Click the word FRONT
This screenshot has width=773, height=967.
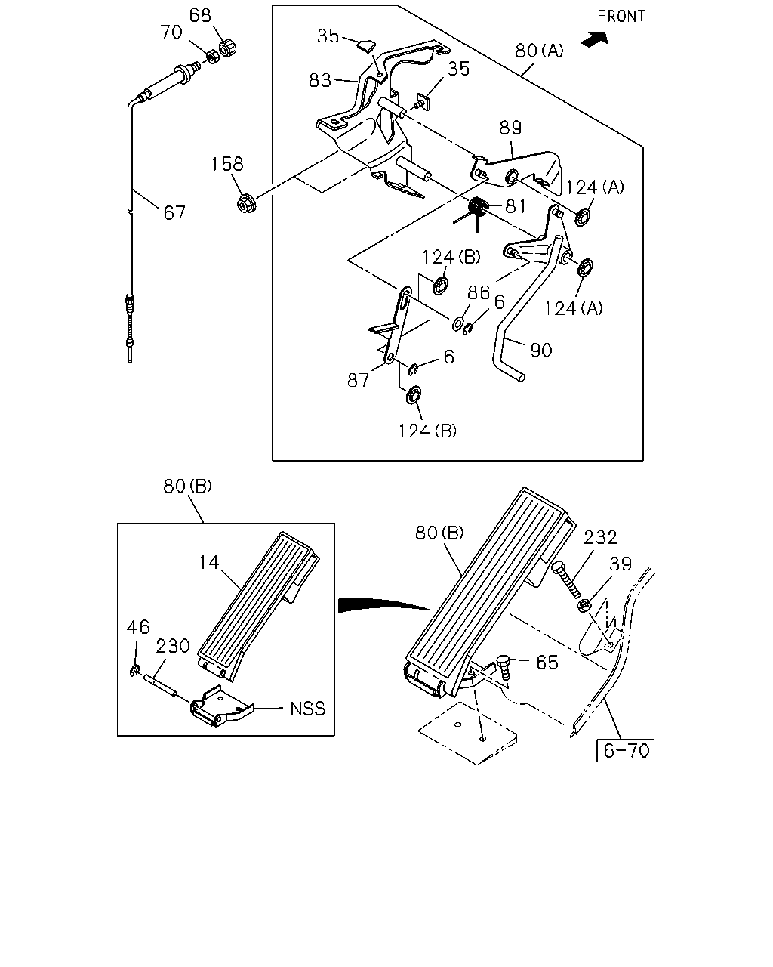(x=621, y=17)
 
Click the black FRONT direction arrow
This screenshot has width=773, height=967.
(x=595, y=39)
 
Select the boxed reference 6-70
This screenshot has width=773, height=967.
(x=625, y=750)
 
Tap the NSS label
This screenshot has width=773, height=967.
(x=308, y=709)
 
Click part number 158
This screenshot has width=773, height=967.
(x=227, y=164)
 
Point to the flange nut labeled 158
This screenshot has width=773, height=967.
(x=246, y=203)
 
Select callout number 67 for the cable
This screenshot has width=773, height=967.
(x=174, y=213)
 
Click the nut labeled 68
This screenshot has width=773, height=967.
(x=228, y=48)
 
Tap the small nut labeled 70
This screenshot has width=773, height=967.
(x=213, y=57)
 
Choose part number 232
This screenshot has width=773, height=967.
(x=601, y=537)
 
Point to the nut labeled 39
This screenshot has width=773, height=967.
(x=584, y=605)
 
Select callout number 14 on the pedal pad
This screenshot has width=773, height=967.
(x=209, y=562)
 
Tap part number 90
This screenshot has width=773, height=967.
(x=540, y=351)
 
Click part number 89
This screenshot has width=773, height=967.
(x=511, y=128)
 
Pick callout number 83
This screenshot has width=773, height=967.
(x=320, y=80)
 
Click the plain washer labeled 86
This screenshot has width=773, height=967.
(x=458, y=323)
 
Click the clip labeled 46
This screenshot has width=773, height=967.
(x=134, y=672)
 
